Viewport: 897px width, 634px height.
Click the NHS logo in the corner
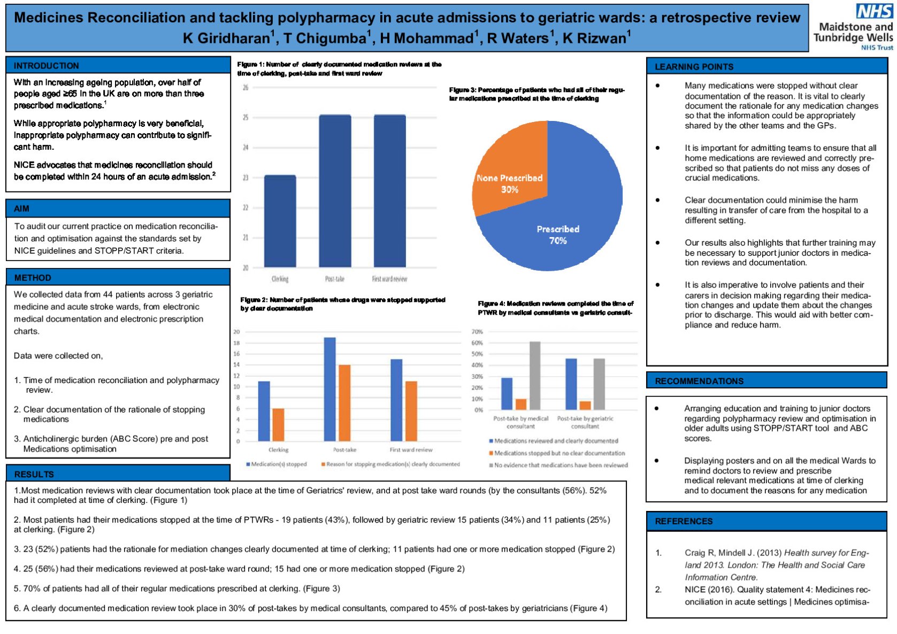pyautogui.click(x=874, y=11)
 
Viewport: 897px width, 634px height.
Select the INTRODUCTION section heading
pyautogui.click(x=47, y=66)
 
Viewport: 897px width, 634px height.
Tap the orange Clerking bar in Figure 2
pyautogui.click(x=278, y=425)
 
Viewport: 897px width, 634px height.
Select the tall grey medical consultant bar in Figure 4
pyautogui.click(x=535, y=376)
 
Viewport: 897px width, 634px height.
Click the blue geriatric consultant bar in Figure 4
pyautogui.click(x=571, y=384)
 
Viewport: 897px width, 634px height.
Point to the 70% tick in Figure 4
pyautogui.click(x=477, y=332)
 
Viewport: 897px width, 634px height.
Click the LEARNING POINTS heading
pyautogui.click(x=694, y=67)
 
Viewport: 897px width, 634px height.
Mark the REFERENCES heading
pyautogui.click(x=684, y=521)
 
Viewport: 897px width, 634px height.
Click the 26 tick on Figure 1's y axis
pyautogui.click(x=246, y=87)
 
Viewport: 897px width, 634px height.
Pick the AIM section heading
pyautogui.click(x=22, y=209)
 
